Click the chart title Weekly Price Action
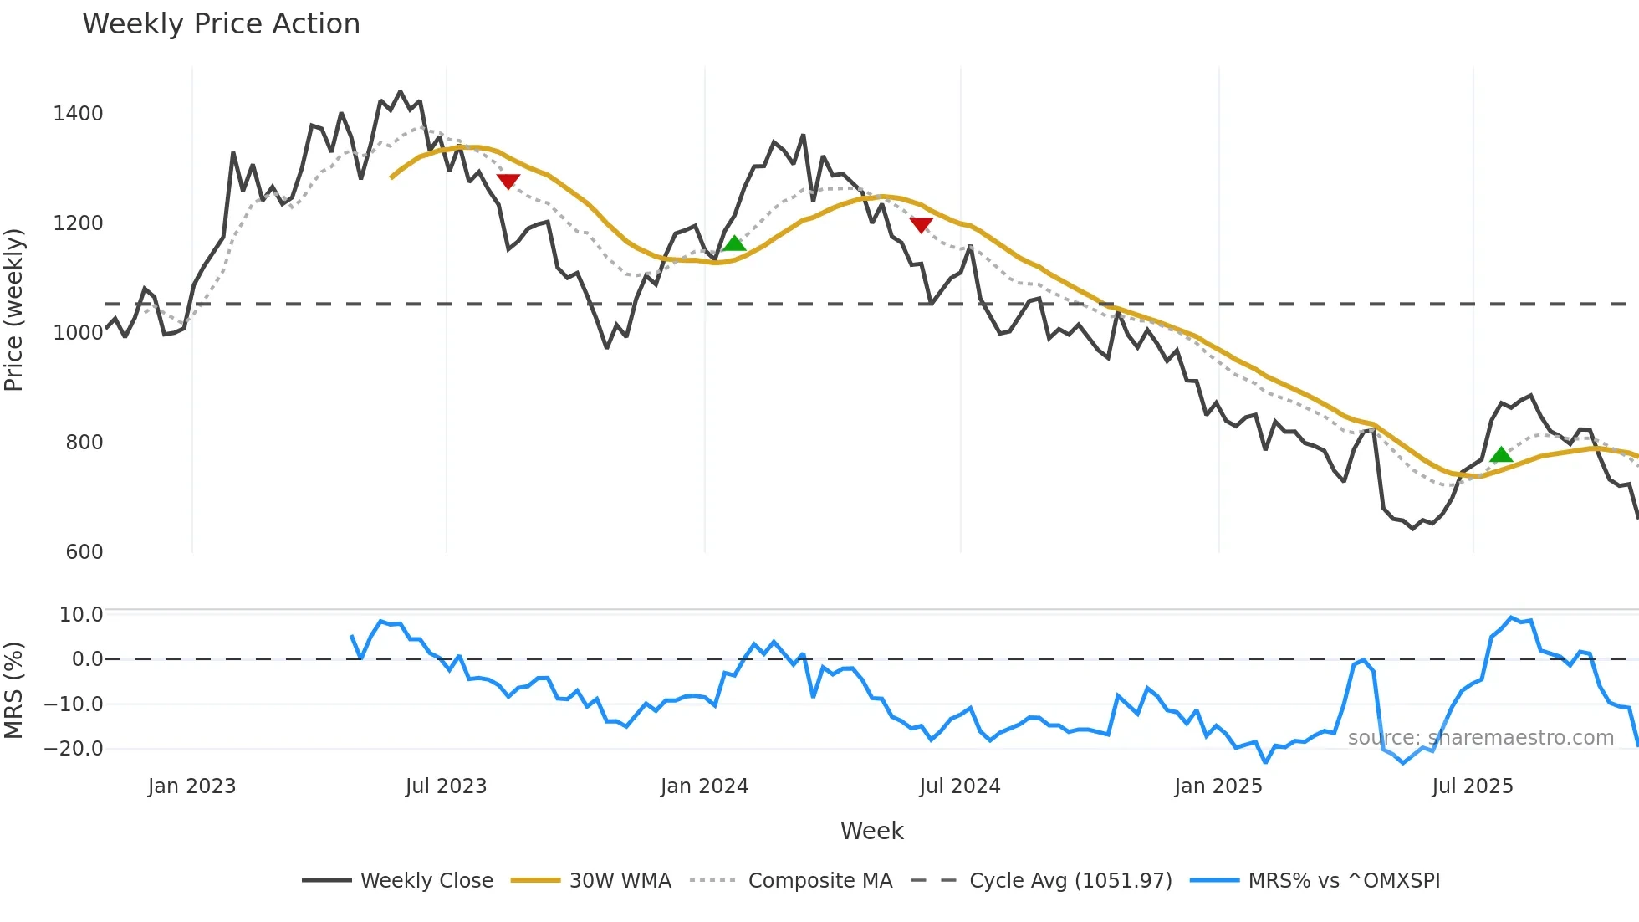pyautogui.click(x=221, y=24)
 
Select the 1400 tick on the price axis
pyautogui.click(x=78, y=114)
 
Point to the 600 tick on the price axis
pyautogui.click(x=84, y=552)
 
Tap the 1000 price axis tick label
pyautogui.click(x=78, y=333)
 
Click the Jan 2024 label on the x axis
pyautogui.click(x=704, y=786)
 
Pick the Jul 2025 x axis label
pyautogui.click(x=1472, y=786)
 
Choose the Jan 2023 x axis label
pyautogui.click(x=191, y=786)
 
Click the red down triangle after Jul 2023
pyautogui.click(x=508, y=181)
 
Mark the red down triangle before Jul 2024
pyautogui.click(x=921, y=225)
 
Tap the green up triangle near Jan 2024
pyautogui.click(x=734, y=243)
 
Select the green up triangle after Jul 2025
pyautogui.click(x=1501, y=455)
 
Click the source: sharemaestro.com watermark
pyautogui.click(x=1480, y=738)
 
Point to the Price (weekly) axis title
pyautogui.click(x=14, y=310)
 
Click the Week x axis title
pyautogui.click(x=871, y=831)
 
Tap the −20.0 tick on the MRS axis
pyautogui.click(x=73, y=749)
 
